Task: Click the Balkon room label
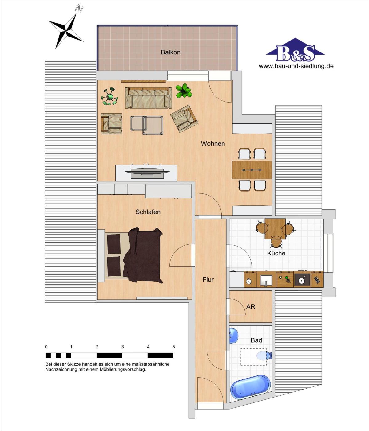coord(170,52)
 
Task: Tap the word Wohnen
coord(213,143)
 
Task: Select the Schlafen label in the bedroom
coord(148,212)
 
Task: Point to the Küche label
coord(276,253)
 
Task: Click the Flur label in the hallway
coord(208,280)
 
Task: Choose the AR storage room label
coord(251,306)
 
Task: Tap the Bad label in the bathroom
coord(256,340)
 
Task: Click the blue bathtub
coord(250,387)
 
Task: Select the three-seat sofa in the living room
coord(149,98)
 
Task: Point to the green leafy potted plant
coord(184,91)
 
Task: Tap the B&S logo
coord(295,50)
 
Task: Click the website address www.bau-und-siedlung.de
coord(296,66)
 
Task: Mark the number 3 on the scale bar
coord(123,347)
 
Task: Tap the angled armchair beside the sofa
coord(184,118)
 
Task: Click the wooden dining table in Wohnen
coord(252,170)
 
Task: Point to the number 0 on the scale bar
coord(46,347)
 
